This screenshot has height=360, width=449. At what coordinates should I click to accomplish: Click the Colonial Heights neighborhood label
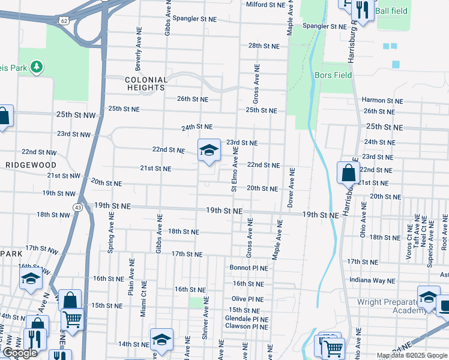[x=146, y=83]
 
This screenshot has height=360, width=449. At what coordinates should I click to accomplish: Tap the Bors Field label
[x=333, y=76]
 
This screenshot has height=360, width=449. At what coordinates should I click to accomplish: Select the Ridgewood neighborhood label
[x=31, y=165]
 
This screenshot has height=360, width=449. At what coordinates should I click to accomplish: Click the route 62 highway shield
[x=64, y=20]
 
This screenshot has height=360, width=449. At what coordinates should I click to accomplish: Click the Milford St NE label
[x=265, y=5]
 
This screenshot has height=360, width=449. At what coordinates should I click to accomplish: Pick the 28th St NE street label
[x=264, y=46]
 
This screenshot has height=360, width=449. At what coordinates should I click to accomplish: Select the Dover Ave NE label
[x=291, y=188]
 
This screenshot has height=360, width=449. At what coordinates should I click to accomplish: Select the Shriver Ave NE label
[x=205, y=318]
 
